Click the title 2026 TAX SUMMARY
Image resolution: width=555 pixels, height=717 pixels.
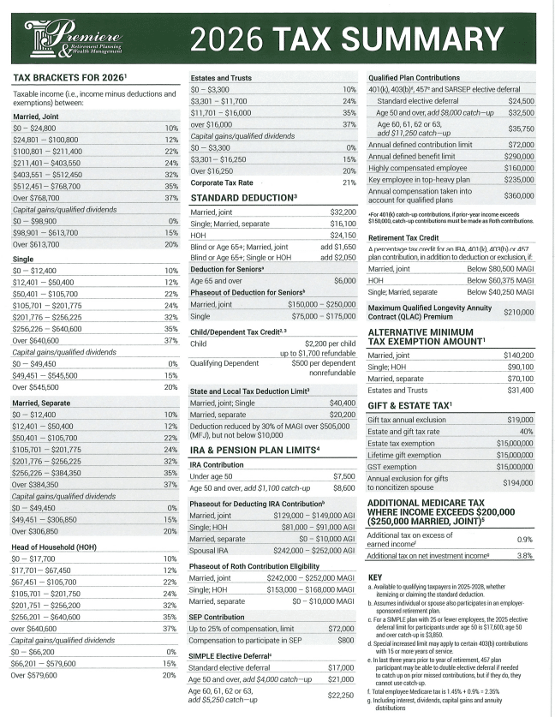[347, 39]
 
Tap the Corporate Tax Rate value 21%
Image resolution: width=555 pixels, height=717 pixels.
[349, 182]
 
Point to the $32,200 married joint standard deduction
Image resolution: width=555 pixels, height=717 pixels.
[342, 211]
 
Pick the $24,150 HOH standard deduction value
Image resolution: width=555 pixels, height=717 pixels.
[342, 235]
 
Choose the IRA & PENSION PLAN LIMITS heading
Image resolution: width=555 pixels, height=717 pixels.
[254, 449]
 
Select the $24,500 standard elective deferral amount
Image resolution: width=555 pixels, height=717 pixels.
[521, 100]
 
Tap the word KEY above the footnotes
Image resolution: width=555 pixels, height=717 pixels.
[374, 577]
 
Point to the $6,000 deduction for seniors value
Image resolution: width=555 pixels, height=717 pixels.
[344, 280]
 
